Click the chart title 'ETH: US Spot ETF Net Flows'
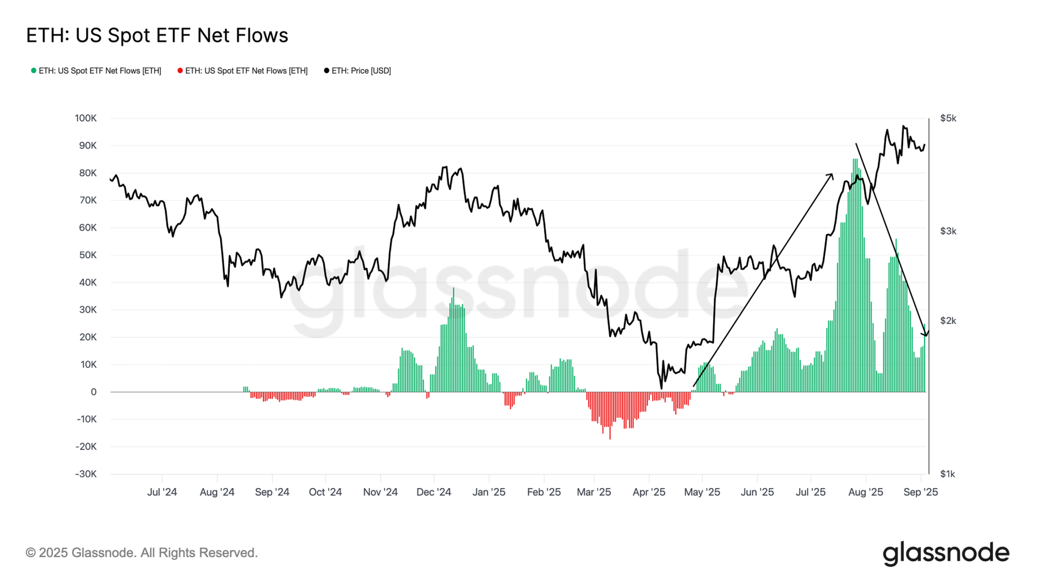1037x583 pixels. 157,36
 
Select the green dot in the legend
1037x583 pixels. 34,71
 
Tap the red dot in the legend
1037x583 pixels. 180,71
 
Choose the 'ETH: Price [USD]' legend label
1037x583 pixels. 361,71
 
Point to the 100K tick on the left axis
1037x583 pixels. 86,118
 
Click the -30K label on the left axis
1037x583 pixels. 86,474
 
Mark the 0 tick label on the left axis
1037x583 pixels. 94,392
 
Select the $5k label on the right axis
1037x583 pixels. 948,118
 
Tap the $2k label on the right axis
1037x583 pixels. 948,321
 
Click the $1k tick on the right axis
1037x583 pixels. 948,474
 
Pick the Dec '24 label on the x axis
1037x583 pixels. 434,492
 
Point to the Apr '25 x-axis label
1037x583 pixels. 649,492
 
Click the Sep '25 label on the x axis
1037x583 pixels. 920,492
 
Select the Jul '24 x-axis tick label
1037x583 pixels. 162,492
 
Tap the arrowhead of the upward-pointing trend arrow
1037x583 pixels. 832,175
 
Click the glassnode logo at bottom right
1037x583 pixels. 946,553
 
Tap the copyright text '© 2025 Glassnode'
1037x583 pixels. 142,553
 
